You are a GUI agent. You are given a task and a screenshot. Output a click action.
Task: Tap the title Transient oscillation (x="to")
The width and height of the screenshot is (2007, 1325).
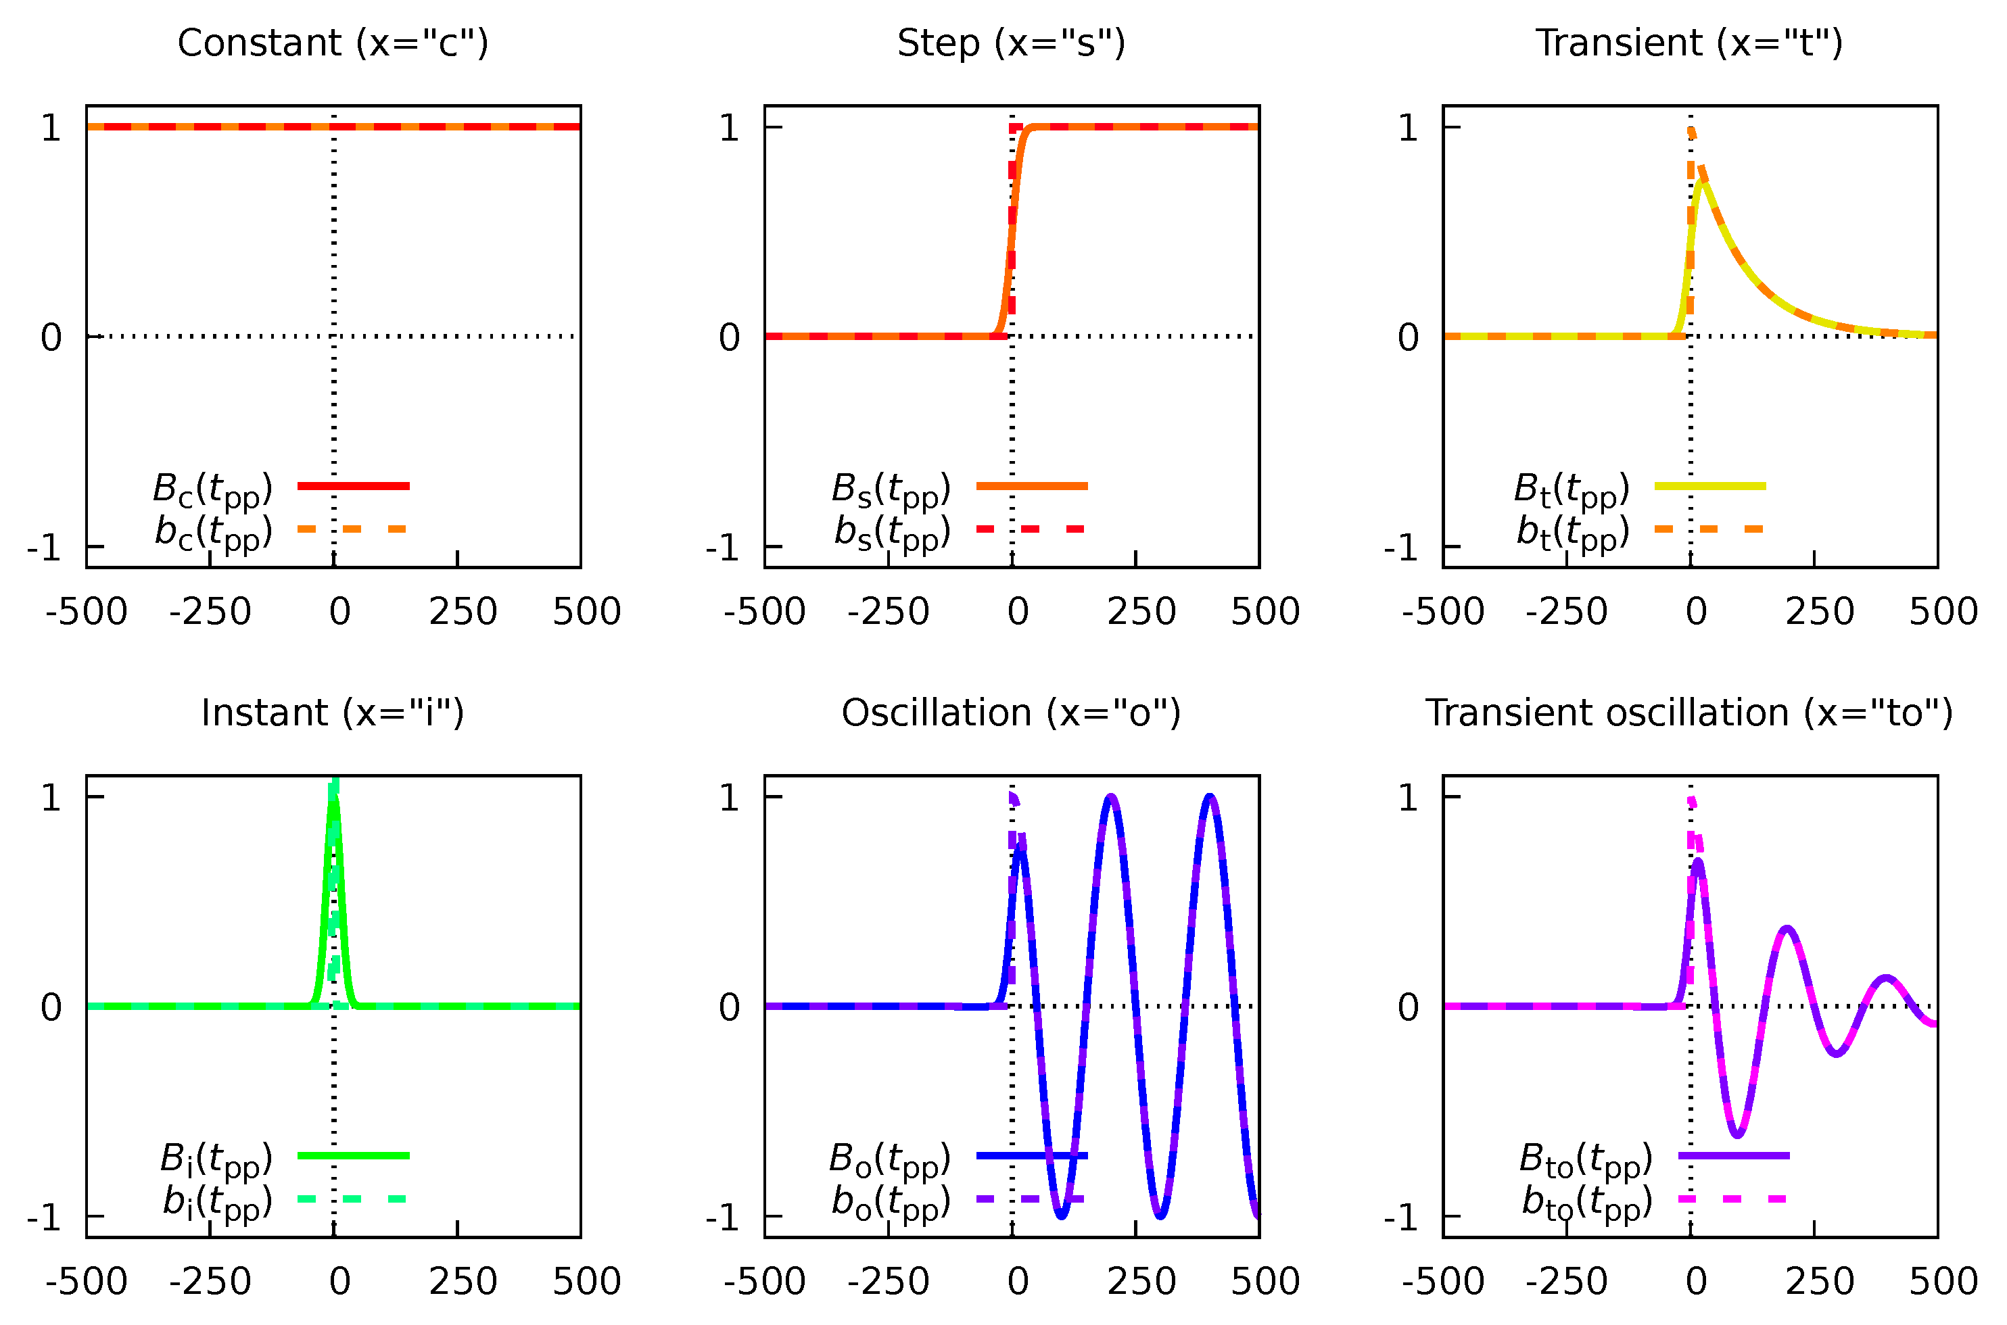click(x=1689, y=713)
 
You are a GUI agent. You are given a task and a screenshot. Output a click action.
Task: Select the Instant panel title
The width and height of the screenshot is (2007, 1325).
click(x=332, y=713)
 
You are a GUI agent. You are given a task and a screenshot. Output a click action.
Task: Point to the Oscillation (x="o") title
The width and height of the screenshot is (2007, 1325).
click(x=1011, y=713)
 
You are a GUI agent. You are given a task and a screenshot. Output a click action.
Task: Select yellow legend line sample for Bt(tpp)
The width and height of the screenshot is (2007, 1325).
click(x=1709, y=486)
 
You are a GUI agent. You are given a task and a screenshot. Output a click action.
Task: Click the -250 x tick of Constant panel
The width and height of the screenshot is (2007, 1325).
click(x=210, y=612)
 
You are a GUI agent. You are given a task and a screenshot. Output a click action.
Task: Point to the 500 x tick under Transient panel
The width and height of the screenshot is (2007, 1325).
click(x=1943, y=612)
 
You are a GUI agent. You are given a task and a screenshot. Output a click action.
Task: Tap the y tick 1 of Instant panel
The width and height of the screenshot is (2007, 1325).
click(x=51, y=798)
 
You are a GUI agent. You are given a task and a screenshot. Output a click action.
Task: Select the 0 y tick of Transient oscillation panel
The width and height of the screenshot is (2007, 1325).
click(x=1408, y=1007)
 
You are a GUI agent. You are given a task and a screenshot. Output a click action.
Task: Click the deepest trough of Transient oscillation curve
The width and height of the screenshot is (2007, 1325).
click(x=1737, y=1135)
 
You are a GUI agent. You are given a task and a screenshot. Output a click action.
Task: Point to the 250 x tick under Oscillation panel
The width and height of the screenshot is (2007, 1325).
click(x=1141, y=1282)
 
